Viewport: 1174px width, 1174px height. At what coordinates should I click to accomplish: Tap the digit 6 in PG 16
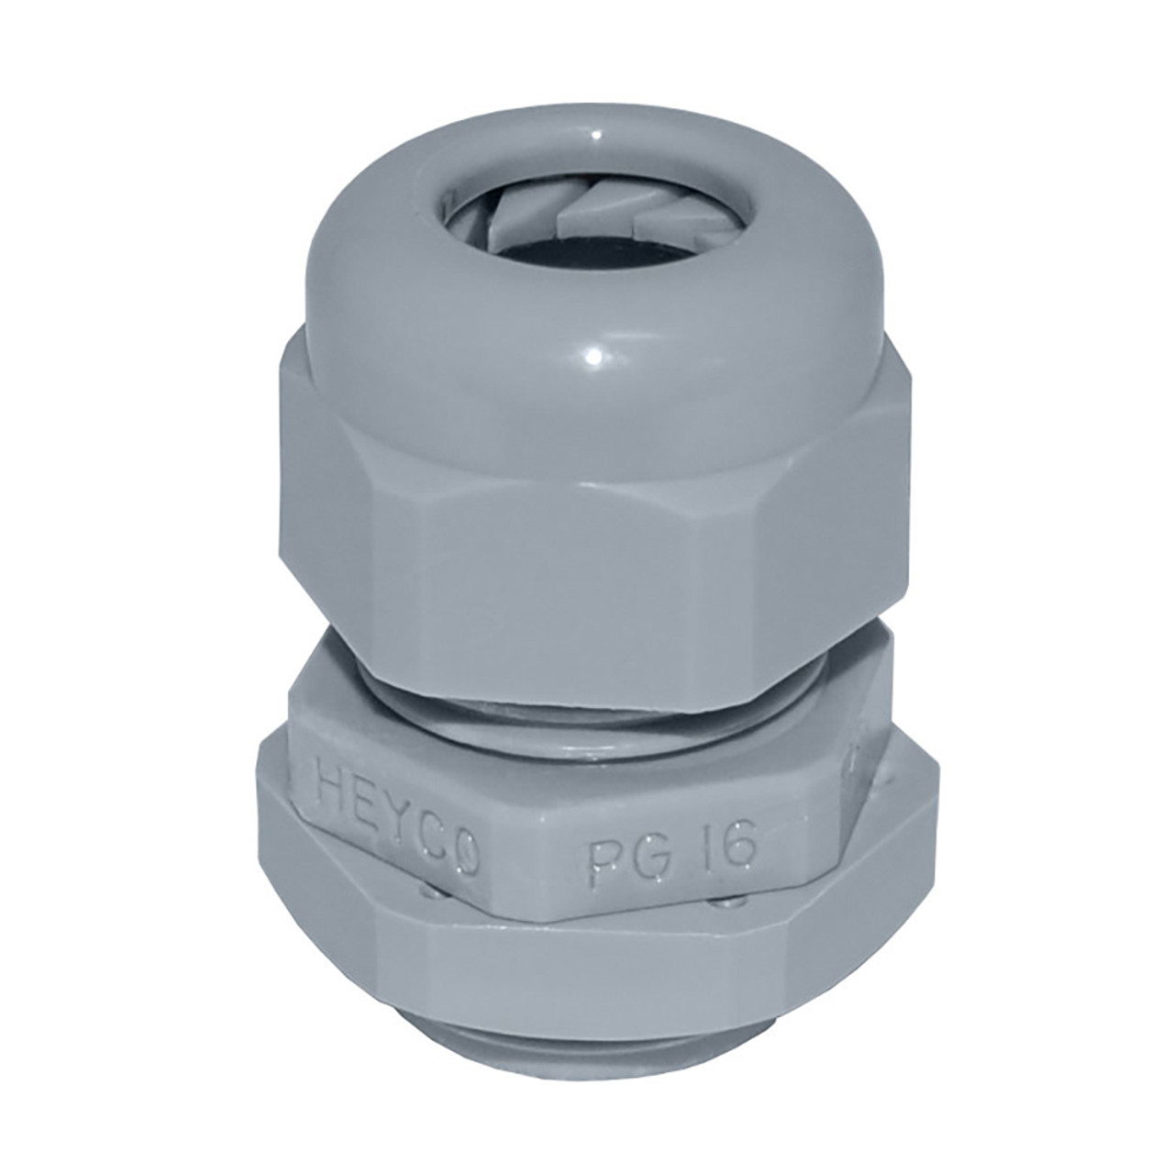pyautogui.click(x=742, y=849)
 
